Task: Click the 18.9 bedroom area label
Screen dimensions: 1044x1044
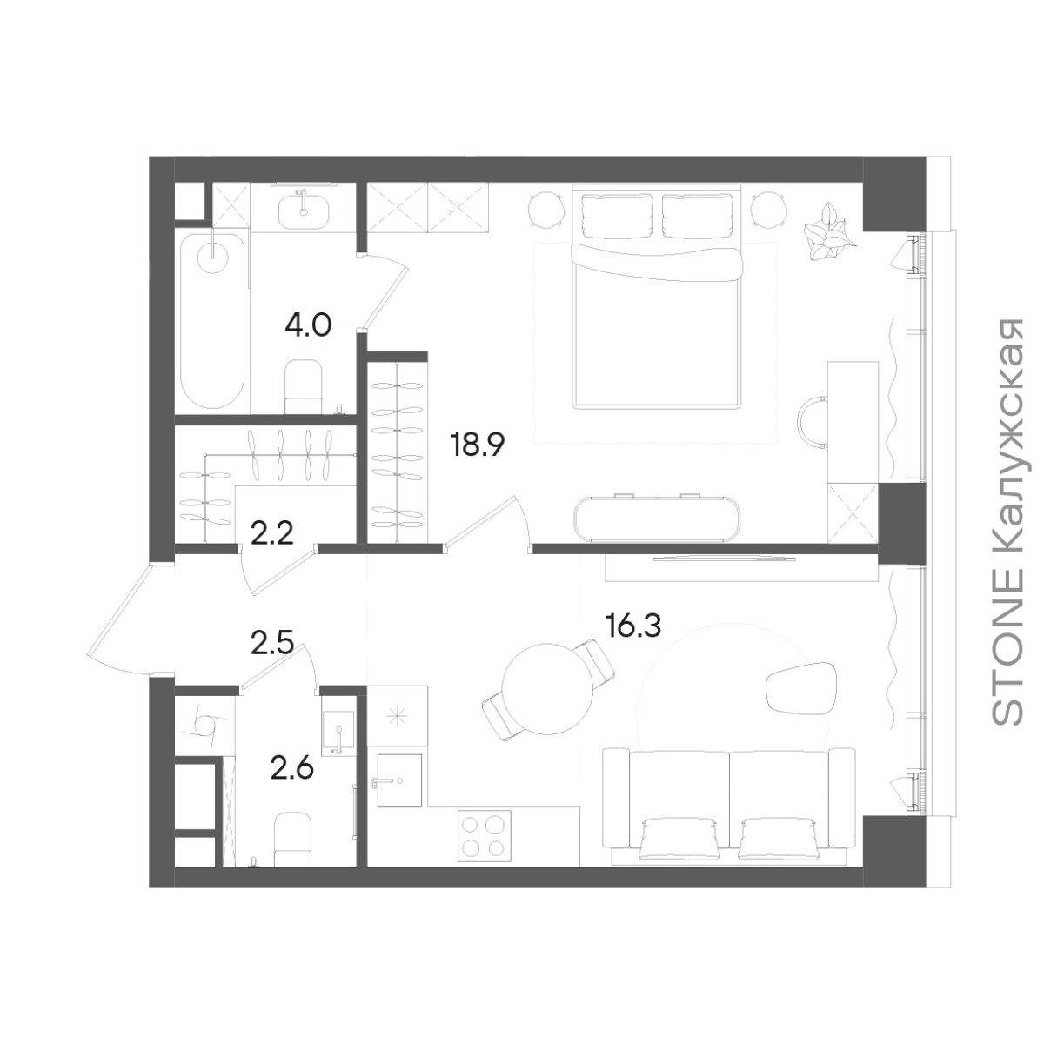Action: (477, 445)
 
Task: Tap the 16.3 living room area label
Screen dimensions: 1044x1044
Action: (632, 626)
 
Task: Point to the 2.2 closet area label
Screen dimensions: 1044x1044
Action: (272, 534)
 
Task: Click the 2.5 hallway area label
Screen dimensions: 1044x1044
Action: (272, 643)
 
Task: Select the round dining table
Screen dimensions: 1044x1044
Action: (548, 688)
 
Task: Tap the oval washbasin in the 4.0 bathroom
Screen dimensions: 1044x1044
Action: (304, 211)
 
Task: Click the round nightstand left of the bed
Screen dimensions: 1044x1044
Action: (545, 209)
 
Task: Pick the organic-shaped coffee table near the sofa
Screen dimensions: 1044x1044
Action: (800, 688)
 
